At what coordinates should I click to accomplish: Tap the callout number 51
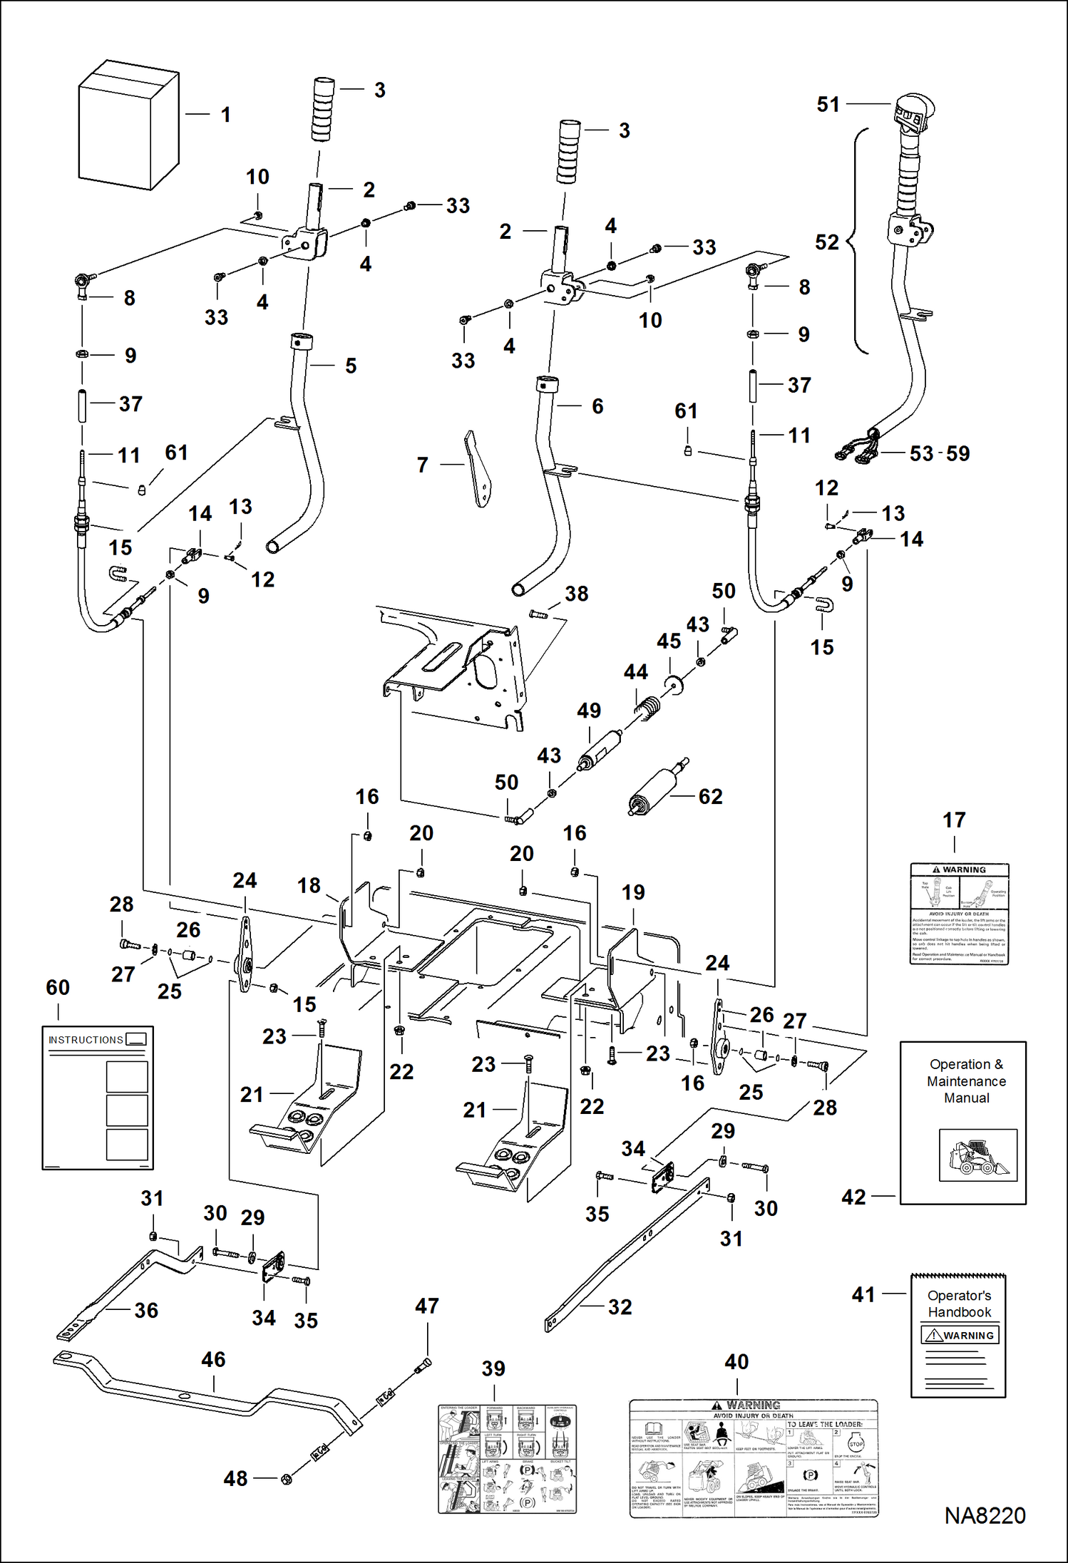(x=828, y=105)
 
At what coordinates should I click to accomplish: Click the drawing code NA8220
(x=985, y=1516)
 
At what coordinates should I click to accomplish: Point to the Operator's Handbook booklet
(x=958, y=1336)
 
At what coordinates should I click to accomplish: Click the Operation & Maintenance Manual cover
(x=963, y=1123)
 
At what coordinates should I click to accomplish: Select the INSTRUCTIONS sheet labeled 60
(x=98, y=1098)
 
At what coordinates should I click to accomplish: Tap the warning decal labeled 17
(x=959, y=914)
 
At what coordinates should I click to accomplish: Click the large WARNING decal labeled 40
(x=754, y=1458)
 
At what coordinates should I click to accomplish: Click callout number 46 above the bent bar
(x=213, y=1360)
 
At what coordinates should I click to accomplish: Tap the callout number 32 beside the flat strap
(x=620, y=1307)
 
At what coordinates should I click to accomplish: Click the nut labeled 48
(x=286, y=1479)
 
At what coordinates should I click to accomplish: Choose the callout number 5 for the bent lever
(x=351, y=366)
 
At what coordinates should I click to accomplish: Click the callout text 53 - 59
(x=939, y=453)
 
